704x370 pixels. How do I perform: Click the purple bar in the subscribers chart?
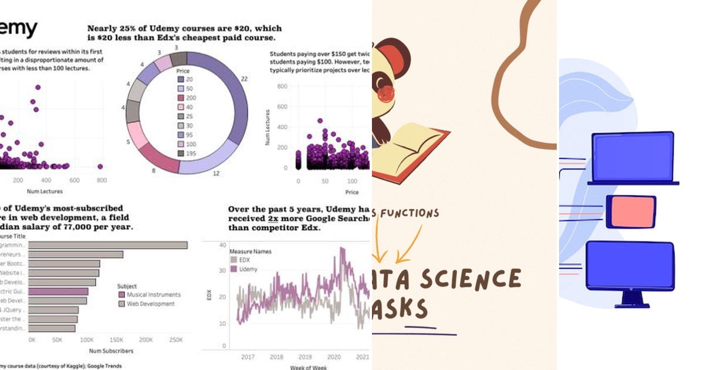pos(58,291)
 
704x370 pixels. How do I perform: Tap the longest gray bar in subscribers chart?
pos(108,245)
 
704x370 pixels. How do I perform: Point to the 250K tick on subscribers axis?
pos(174,340)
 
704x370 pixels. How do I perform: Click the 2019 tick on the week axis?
pos(304,356)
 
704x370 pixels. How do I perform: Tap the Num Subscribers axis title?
pos(111,351)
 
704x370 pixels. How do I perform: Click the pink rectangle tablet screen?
pos(631,211)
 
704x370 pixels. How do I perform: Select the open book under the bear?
pos(411,147)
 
